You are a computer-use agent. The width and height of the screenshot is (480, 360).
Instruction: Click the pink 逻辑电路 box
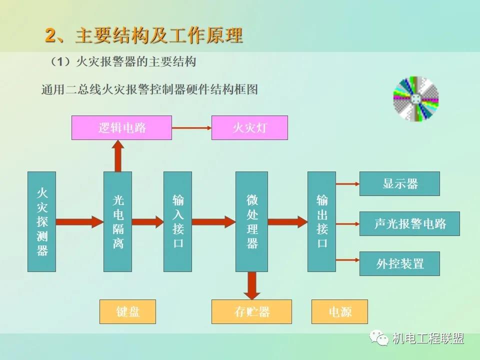(121, 127)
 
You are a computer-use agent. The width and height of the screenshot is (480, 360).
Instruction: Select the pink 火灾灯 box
(249, 127)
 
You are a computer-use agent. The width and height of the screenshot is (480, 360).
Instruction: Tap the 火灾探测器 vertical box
(41, 221)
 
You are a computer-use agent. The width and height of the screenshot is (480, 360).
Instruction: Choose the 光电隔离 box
(117, 221)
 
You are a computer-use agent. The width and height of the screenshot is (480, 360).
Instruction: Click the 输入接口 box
(177, 221)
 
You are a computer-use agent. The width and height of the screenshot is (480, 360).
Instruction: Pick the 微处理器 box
(251, 221)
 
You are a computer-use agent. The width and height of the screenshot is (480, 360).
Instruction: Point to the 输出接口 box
(321, 221)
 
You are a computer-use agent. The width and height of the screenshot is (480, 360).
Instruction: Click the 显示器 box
(399, 183)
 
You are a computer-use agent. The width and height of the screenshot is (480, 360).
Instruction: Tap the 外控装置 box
(399, 263)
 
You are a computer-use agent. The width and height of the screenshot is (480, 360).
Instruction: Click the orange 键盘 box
(127, 311)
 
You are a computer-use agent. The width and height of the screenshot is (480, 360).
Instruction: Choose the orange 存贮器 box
(251, 311)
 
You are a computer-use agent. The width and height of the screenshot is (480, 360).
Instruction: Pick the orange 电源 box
(339, 311)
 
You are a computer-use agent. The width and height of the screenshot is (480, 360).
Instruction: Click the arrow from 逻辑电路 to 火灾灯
(191, 128)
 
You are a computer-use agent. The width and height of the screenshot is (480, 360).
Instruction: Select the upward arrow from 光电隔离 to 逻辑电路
(117, 155)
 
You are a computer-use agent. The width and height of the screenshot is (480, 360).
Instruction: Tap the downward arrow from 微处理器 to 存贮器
(251, 286)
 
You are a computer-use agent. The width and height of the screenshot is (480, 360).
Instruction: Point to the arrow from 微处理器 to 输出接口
(287, 221)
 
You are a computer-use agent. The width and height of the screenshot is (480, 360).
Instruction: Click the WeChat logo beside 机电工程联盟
(379, 338)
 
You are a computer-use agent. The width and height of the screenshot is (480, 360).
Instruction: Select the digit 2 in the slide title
(50, 36)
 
